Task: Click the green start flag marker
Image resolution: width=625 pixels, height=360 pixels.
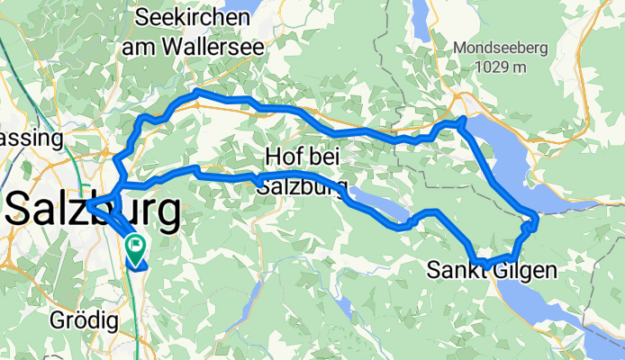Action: click(136, 244)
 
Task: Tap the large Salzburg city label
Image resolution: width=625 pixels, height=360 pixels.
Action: click(91, 212)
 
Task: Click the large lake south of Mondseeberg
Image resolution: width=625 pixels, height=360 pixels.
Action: click(504, 158)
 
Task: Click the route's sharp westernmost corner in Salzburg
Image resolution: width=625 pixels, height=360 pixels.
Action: click(89, 204)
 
